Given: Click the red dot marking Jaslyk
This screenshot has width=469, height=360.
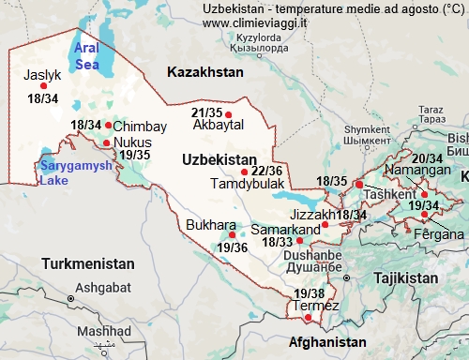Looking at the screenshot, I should click(43, 86).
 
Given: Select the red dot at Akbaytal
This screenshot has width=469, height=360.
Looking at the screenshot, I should click(229, 115).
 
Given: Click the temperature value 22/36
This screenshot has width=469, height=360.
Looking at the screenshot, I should click(267, 171).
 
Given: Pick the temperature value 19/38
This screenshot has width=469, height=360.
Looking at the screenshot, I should click(309, 294).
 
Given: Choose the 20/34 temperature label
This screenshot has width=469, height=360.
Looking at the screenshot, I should click(428, 158).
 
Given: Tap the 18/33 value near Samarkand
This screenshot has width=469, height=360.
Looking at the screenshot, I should click(278, 242).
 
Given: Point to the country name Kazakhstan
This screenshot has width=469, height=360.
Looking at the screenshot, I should click(204, 72).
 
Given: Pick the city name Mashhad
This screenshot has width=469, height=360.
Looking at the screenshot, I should click(104, 331).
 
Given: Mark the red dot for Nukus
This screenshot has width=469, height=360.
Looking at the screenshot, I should click(106, 143).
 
